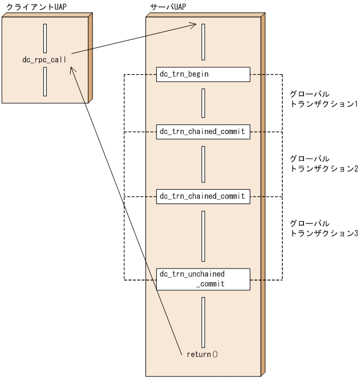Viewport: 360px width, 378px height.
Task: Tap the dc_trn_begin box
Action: tap(203, 74)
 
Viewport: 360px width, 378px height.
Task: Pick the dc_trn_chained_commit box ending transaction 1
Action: tap(203, 131)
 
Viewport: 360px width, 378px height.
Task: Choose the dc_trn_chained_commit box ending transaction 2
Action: tap(203, 196)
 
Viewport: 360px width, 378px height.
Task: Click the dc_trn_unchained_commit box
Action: tap(203, 279)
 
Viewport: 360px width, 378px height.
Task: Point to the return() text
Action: tap(203, 354)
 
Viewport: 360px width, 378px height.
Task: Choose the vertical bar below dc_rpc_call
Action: tap(45, 82)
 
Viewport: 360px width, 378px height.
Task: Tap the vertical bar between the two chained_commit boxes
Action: tap(203, 164)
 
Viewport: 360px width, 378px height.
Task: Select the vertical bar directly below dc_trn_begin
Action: tap(203, 103)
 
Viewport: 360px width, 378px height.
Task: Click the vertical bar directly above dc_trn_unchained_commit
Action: tap(203, 235)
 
